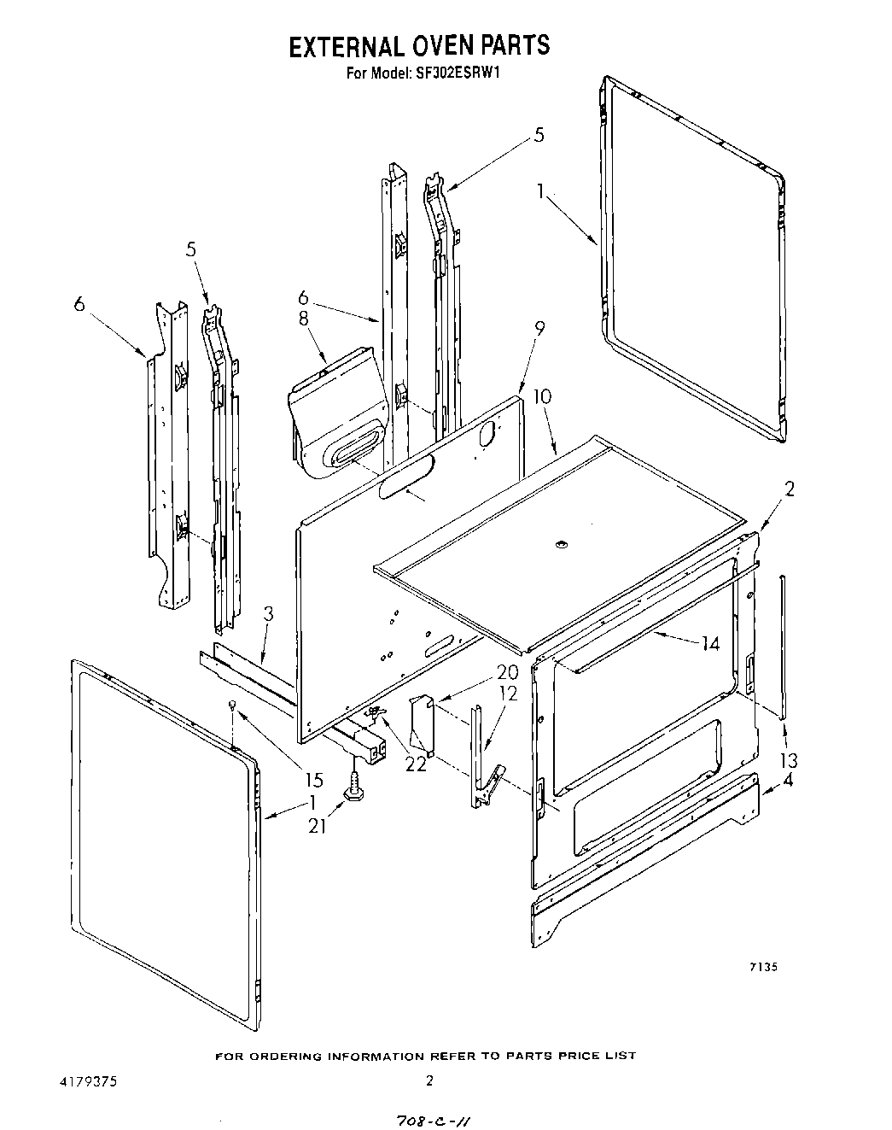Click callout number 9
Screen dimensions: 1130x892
[539, 327]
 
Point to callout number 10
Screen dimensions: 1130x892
[542, 397]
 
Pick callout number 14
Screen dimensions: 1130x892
[710, 645]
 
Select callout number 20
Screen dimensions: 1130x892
[484, 672]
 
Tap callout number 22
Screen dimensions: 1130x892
[416, 763]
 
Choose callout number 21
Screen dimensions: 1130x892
[317, 826]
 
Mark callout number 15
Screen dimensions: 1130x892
[314, 779]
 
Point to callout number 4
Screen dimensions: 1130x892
[787, 780]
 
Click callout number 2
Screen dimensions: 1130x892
[790, 489]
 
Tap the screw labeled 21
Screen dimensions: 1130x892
[351, 790]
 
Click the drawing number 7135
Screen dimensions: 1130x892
[763, 968]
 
